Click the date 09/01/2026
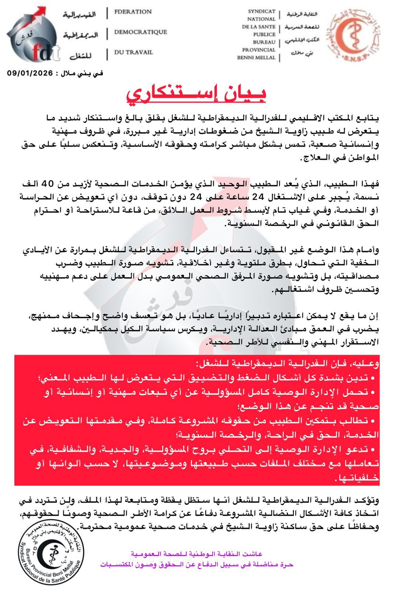click(x=29, y=73)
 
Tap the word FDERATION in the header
click(x=133, y=12)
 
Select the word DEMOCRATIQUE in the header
click(x=140, y=32)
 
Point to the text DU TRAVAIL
click(x=133, y=52)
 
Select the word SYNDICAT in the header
click(x=262, y=11)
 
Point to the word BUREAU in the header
click(x=264, y=42)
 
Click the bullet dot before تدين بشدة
click(x=373, y=379)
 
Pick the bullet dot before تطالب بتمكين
click(x=373, y=421)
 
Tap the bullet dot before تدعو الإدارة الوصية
click(x=373, y=449)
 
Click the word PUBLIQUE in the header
click(x=264, y=34)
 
